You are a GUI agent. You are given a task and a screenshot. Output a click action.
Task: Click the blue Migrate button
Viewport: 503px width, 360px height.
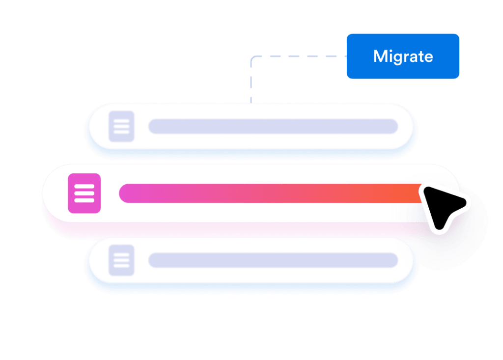(x=403, y=56)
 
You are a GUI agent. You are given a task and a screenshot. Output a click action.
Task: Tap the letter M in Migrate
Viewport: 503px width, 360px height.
(x=381, y=56)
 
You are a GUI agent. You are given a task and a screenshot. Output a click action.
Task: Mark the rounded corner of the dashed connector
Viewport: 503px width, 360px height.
(x=253, y=58)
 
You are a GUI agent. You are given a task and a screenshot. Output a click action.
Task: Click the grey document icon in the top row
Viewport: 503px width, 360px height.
(x=121, y=126)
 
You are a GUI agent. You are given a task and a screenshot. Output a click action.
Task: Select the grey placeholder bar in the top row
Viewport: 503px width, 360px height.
(x=273, y=126)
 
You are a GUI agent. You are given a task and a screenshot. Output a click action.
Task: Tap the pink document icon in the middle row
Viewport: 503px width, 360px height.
(x=84, y=194)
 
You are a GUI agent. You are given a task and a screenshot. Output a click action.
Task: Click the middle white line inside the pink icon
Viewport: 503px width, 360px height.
(x=84, y=194)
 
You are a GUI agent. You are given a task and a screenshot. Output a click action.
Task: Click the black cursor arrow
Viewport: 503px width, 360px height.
(x=442, y=206)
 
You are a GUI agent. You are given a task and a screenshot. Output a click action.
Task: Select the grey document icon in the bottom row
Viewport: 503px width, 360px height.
(x=121, y=260)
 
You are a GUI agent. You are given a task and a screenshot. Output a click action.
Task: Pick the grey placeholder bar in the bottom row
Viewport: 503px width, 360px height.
(x=273, y=260)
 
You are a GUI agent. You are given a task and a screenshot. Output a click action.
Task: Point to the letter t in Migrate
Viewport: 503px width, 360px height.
(x=421, y=56)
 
